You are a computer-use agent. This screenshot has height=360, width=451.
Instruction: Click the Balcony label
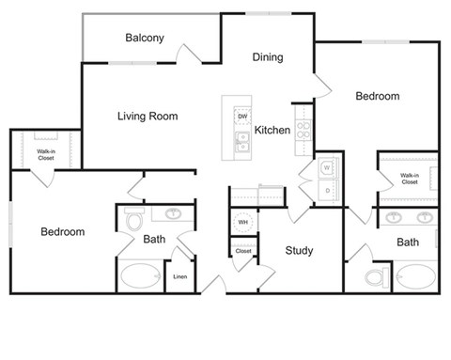145,39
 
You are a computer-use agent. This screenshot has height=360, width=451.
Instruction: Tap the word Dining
268,57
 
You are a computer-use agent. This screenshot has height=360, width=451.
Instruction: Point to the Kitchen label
272,130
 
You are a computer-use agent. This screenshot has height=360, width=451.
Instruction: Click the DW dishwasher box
242,117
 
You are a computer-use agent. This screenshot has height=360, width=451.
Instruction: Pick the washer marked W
327,168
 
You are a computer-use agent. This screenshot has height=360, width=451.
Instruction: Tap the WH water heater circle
242,223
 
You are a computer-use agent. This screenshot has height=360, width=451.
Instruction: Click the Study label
299,251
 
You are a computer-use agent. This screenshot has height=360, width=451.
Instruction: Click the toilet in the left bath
133,222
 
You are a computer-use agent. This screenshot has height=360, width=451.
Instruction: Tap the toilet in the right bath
377,278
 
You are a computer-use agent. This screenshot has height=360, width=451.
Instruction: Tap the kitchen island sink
242,142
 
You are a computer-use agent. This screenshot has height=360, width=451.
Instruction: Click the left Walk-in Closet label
45,154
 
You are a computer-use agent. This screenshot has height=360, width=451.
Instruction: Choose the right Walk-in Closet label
409,179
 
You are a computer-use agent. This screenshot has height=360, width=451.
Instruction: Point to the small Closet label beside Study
243,251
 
